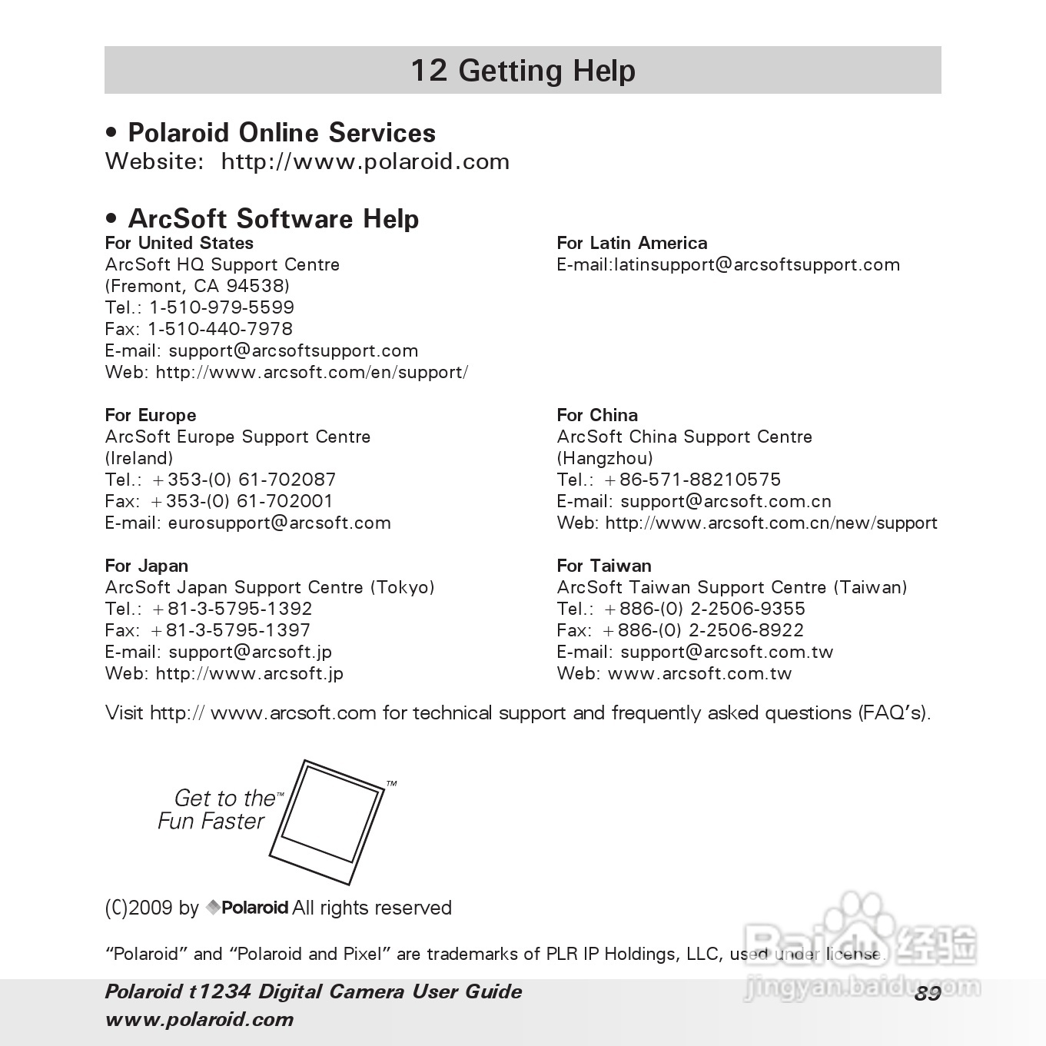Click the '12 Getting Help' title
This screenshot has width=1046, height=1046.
(x=523, y=71)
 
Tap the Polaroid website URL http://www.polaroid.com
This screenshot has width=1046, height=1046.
(x=365, y=161)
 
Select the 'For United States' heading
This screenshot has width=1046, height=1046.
(x=179, y=243)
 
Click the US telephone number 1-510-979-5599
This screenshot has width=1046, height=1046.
(x=221, y=307)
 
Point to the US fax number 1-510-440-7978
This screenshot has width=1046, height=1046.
(x=220, y=329)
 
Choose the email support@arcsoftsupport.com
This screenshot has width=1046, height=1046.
(x=293, y=351)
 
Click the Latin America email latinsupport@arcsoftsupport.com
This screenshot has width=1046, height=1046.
(x=756, y=265)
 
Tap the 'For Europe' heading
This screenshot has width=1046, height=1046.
(x=151, y=415)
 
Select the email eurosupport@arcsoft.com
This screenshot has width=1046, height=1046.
(x=279, y=523)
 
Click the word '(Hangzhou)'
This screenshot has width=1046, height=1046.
(x=605, y=459)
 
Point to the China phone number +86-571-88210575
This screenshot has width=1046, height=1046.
(x=692, y=480)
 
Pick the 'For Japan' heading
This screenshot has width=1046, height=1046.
(x=147, y=566)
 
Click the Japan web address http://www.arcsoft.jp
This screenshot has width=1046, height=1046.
(x=249, y=674)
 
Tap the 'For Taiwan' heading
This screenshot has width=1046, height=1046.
(x=604, y=566)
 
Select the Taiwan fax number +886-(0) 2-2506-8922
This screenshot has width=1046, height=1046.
(x=703, y=631)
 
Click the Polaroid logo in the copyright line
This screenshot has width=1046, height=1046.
(x=247, y=908)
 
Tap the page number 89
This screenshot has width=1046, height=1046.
(x=928, y=994)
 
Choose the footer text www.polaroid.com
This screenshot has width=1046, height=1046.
(x=199, y=1020)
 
